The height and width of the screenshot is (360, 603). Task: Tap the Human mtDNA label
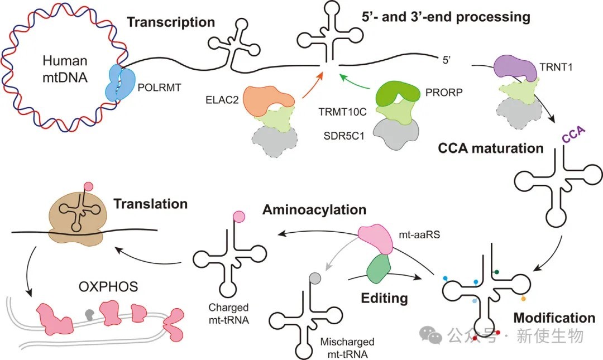65,69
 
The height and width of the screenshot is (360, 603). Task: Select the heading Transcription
171,22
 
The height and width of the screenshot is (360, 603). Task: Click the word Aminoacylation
314,210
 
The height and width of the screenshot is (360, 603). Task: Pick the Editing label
384,299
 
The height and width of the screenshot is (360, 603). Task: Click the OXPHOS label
108,286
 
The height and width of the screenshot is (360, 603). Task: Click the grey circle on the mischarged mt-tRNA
315,278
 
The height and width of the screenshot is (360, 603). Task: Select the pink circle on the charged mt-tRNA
239,217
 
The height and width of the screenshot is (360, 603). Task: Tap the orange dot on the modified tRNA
523,299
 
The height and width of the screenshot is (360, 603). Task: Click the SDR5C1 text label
343,136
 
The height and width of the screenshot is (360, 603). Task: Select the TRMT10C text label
343,112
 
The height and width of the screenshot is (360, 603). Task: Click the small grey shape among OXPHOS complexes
89,315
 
